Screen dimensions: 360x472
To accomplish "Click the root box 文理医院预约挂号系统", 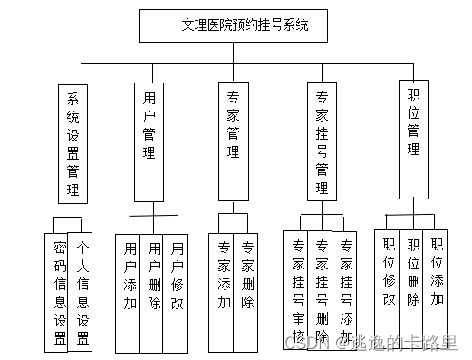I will tap(233, 25).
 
